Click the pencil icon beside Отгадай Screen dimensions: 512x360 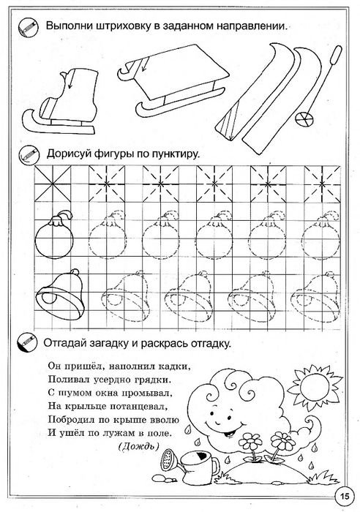coord(27,342)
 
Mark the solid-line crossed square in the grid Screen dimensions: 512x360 coord(48,181)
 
